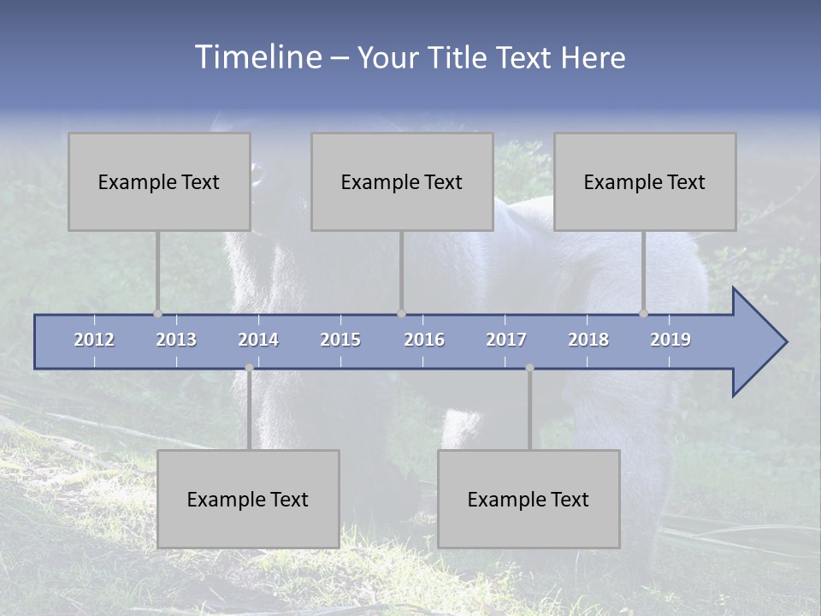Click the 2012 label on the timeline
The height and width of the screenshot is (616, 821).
tap(94, 340)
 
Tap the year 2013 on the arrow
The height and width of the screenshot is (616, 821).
tap(176, 340)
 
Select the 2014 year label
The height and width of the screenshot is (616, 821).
tap(258, 340)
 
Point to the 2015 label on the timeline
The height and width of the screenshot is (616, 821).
tap(340, 340)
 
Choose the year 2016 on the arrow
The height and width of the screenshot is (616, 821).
tap(424, 340)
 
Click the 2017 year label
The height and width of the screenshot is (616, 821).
tap(506, 340)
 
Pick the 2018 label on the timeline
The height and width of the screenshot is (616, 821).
tap(588, 340)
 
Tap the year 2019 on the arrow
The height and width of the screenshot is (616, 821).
tap(670, 340)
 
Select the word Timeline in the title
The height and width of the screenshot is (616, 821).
tap(257, 57)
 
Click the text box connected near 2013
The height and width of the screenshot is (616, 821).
tap(159, 181)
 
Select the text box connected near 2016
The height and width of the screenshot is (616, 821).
tap(402, 181)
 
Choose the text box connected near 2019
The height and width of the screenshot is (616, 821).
tap(645, 181)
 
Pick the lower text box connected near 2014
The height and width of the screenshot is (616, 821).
tap(248, 499)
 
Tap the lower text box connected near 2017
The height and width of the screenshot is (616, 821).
tap(529, 499)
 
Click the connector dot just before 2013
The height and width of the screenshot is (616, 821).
tap(157, 313)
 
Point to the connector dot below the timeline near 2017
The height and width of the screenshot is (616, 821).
tap(529, 368)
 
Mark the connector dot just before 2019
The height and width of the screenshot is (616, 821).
tap(643, 313)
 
